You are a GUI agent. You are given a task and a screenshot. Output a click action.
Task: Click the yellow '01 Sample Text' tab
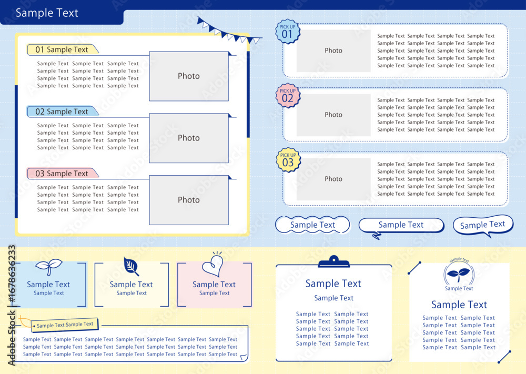[63, 49]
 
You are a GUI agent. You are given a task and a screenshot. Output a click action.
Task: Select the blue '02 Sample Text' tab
[63, 112]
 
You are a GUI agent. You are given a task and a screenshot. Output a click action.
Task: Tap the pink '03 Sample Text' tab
[63, 174]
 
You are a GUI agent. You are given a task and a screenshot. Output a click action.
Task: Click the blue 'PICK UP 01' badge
[288, 32]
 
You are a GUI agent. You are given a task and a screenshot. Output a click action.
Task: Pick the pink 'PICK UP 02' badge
[288, 96]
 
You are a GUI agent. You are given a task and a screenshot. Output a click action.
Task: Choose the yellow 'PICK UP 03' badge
[288, 160]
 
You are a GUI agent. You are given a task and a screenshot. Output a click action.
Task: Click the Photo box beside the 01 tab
[189, 76]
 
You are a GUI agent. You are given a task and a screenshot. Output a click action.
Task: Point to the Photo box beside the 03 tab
[189, 200]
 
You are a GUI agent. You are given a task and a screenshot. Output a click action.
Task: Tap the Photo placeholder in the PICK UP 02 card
[333, 115]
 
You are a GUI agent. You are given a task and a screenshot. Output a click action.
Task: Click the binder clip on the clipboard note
[334, 261]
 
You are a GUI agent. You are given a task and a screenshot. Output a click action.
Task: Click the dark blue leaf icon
[131, 267]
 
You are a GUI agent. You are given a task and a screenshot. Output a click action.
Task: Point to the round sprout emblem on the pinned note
[459, 274]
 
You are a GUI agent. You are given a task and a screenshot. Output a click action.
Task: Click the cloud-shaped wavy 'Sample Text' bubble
[312, 225]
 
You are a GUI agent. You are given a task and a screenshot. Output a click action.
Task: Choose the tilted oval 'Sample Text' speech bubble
[483, 225]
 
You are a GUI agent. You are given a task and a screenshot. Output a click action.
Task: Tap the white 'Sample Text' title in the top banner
[47, 13]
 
